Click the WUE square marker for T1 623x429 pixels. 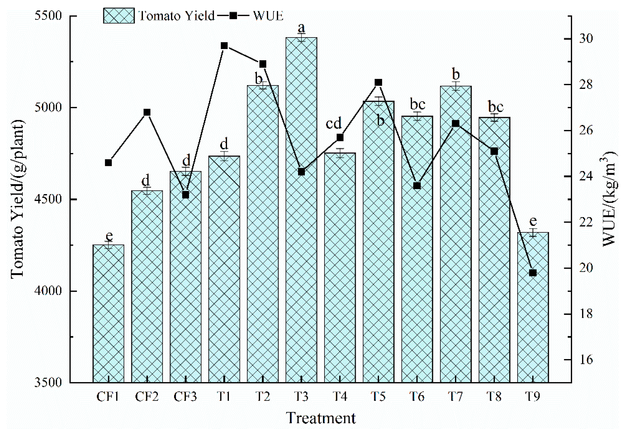point(224,46)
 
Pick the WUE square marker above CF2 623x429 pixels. point(147,112)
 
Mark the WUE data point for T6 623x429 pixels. point(417,186)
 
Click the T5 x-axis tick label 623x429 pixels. point(378,397)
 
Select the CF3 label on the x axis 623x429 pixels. point(185,397)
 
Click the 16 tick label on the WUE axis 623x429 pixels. point(586,360)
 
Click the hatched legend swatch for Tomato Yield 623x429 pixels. point(119,16)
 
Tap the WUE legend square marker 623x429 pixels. point(233,16)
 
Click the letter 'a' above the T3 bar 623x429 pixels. point(301,27)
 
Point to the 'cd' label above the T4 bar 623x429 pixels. point(334,124)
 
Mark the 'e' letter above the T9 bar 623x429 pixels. point(533,221)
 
